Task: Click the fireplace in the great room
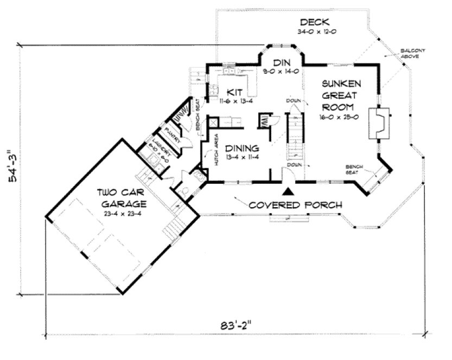379,122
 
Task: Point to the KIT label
234,92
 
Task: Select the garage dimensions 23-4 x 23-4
123,214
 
